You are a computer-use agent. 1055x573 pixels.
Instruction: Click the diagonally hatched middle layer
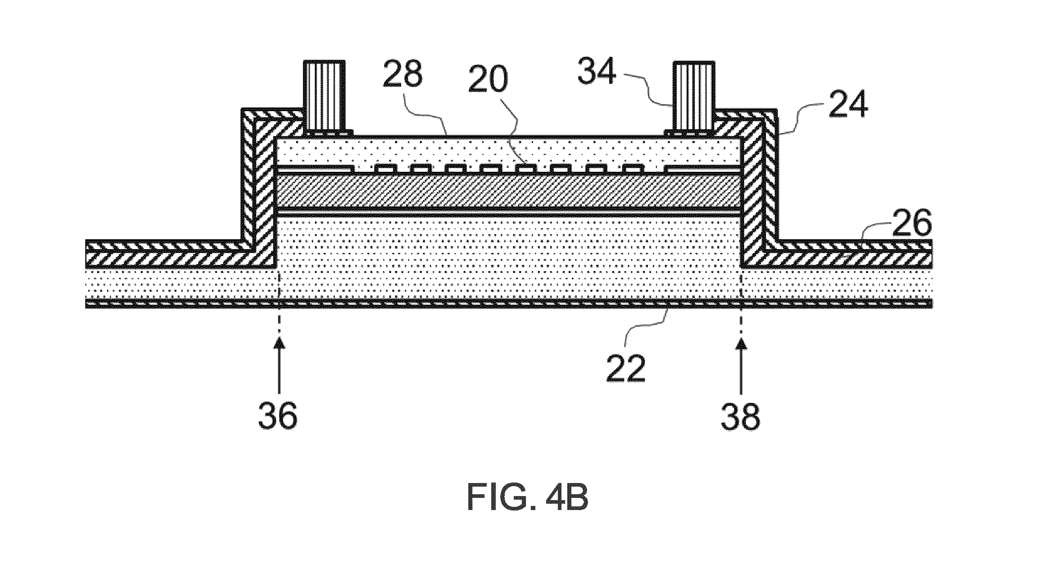pos(508,191)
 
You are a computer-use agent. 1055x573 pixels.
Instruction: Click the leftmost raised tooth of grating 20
pos(385,169)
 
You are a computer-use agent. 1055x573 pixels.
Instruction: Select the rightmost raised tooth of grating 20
pos(633,169)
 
